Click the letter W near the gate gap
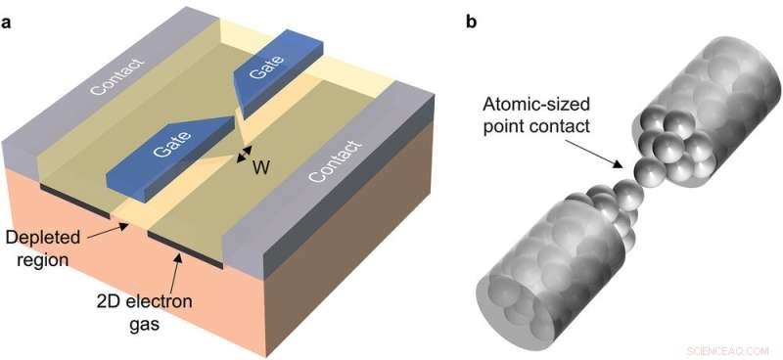click(x=260, y=167)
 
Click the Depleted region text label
click(x=40, y=248)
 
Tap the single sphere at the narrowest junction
click(x=645, y=173)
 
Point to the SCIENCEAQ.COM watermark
click(x=731, y=345)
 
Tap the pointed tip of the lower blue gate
click(x=236, y=124)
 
